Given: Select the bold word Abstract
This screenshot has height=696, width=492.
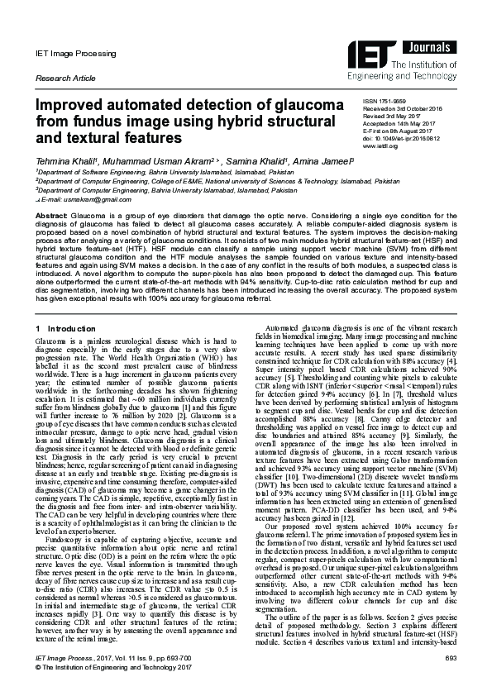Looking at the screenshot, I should click(x=50, y=214).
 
